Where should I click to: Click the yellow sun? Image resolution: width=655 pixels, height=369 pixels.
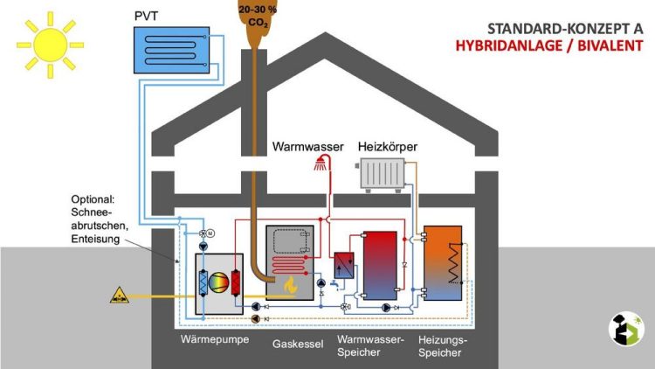[50, 45]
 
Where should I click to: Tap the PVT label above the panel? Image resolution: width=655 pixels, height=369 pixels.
[146, 17]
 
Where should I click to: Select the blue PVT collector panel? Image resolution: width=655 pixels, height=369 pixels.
[172, 50]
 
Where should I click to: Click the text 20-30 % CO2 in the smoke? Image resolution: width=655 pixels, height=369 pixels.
[258, 16]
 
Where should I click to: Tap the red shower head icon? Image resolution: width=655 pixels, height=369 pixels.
[321, 164]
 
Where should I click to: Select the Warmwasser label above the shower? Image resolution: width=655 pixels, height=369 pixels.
[308, 147]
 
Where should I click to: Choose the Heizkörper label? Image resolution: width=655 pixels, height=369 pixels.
[388, 147]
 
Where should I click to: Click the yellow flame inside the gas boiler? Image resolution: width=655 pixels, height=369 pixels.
[290, 285]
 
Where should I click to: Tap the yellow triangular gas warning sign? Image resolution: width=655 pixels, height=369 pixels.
[120, 296]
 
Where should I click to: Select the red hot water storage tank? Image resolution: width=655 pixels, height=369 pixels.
[380, 266]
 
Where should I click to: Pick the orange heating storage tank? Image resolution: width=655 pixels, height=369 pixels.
[443, 263]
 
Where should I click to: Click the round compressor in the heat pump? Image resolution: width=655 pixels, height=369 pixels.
[219, 283]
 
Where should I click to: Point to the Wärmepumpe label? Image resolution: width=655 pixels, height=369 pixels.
[215, 339]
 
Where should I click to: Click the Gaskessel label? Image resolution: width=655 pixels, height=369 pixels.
[298, 345]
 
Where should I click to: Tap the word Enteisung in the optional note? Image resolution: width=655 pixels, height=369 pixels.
[95, 240]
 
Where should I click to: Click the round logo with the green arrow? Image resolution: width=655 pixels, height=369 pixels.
[626, 329]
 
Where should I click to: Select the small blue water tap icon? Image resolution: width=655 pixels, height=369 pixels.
[334, 285]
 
